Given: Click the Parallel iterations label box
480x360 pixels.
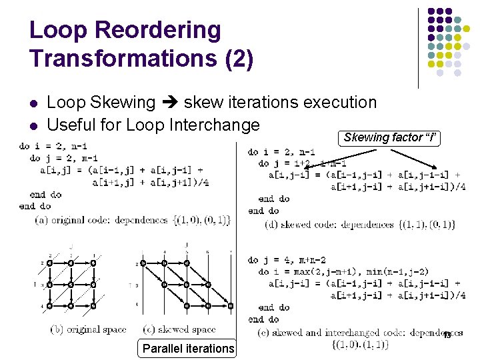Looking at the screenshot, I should tap(189, 348).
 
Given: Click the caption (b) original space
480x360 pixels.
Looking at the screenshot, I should tap(89, 329).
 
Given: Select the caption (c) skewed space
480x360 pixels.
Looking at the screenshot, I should tap(180, 329).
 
